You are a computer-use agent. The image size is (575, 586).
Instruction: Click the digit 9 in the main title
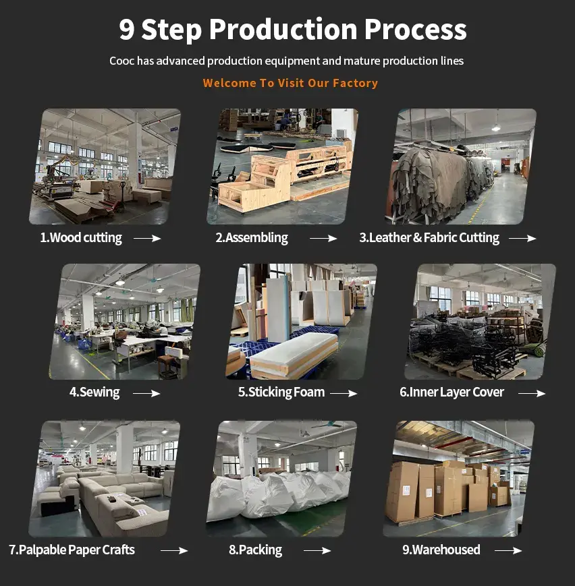(x=127, y=30)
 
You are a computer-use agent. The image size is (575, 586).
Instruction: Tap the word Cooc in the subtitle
(x=121, y=61)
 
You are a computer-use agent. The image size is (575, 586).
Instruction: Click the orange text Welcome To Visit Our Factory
(x=290, y=83)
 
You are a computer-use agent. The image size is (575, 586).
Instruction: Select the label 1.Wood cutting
(x=81, y=238)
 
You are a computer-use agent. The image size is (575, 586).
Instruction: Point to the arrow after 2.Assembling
(x=323, y=238)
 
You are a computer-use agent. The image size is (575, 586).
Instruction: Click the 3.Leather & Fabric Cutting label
(x=429, y=238)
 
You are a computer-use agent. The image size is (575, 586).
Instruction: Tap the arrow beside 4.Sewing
(x=146, y=393)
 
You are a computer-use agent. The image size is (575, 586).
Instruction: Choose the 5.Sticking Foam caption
(x=281, y=392)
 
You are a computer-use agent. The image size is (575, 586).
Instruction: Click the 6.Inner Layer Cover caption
(x=451, y=392)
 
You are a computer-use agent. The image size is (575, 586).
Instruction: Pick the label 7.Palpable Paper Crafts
(x=72, y=550)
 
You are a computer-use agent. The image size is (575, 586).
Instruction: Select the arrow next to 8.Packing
(x=317, y=551)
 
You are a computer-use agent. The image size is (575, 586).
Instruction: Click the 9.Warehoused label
(x=441, y=550)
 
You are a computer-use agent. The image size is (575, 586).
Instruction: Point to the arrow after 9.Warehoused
(x=508, y=551)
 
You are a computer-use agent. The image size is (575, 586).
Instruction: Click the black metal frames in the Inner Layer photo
(x=472, y=344)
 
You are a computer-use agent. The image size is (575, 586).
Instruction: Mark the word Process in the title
(x=415, y=30)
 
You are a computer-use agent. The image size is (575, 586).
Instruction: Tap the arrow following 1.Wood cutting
(x=147, y=238)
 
